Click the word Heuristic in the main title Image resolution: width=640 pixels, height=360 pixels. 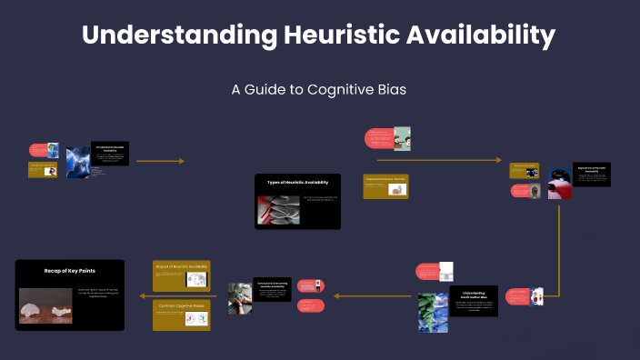(341, 35)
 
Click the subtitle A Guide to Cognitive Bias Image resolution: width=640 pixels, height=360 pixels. (318, 90)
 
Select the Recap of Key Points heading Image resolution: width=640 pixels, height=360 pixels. (69, 271)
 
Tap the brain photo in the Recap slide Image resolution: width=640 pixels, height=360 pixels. (45, 305)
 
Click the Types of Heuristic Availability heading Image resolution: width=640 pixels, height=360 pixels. (297, 183)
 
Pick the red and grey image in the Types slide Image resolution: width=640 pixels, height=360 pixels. (279, 210)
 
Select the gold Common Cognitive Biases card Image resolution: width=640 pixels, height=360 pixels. (181, 315)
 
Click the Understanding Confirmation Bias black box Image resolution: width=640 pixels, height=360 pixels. (474, 301)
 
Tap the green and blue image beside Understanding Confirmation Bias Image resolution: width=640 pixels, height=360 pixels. (433, 313)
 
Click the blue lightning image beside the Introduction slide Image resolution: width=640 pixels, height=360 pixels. (78, 162)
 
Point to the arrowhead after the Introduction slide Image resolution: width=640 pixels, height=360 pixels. (181, 161)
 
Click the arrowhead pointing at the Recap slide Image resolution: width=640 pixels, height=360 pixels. (142, 295)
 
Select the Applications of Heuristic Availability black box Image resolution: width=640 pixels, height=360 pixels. (591, 174)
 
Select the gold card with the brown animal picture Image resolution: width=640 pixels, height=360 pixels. (385, 185)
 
